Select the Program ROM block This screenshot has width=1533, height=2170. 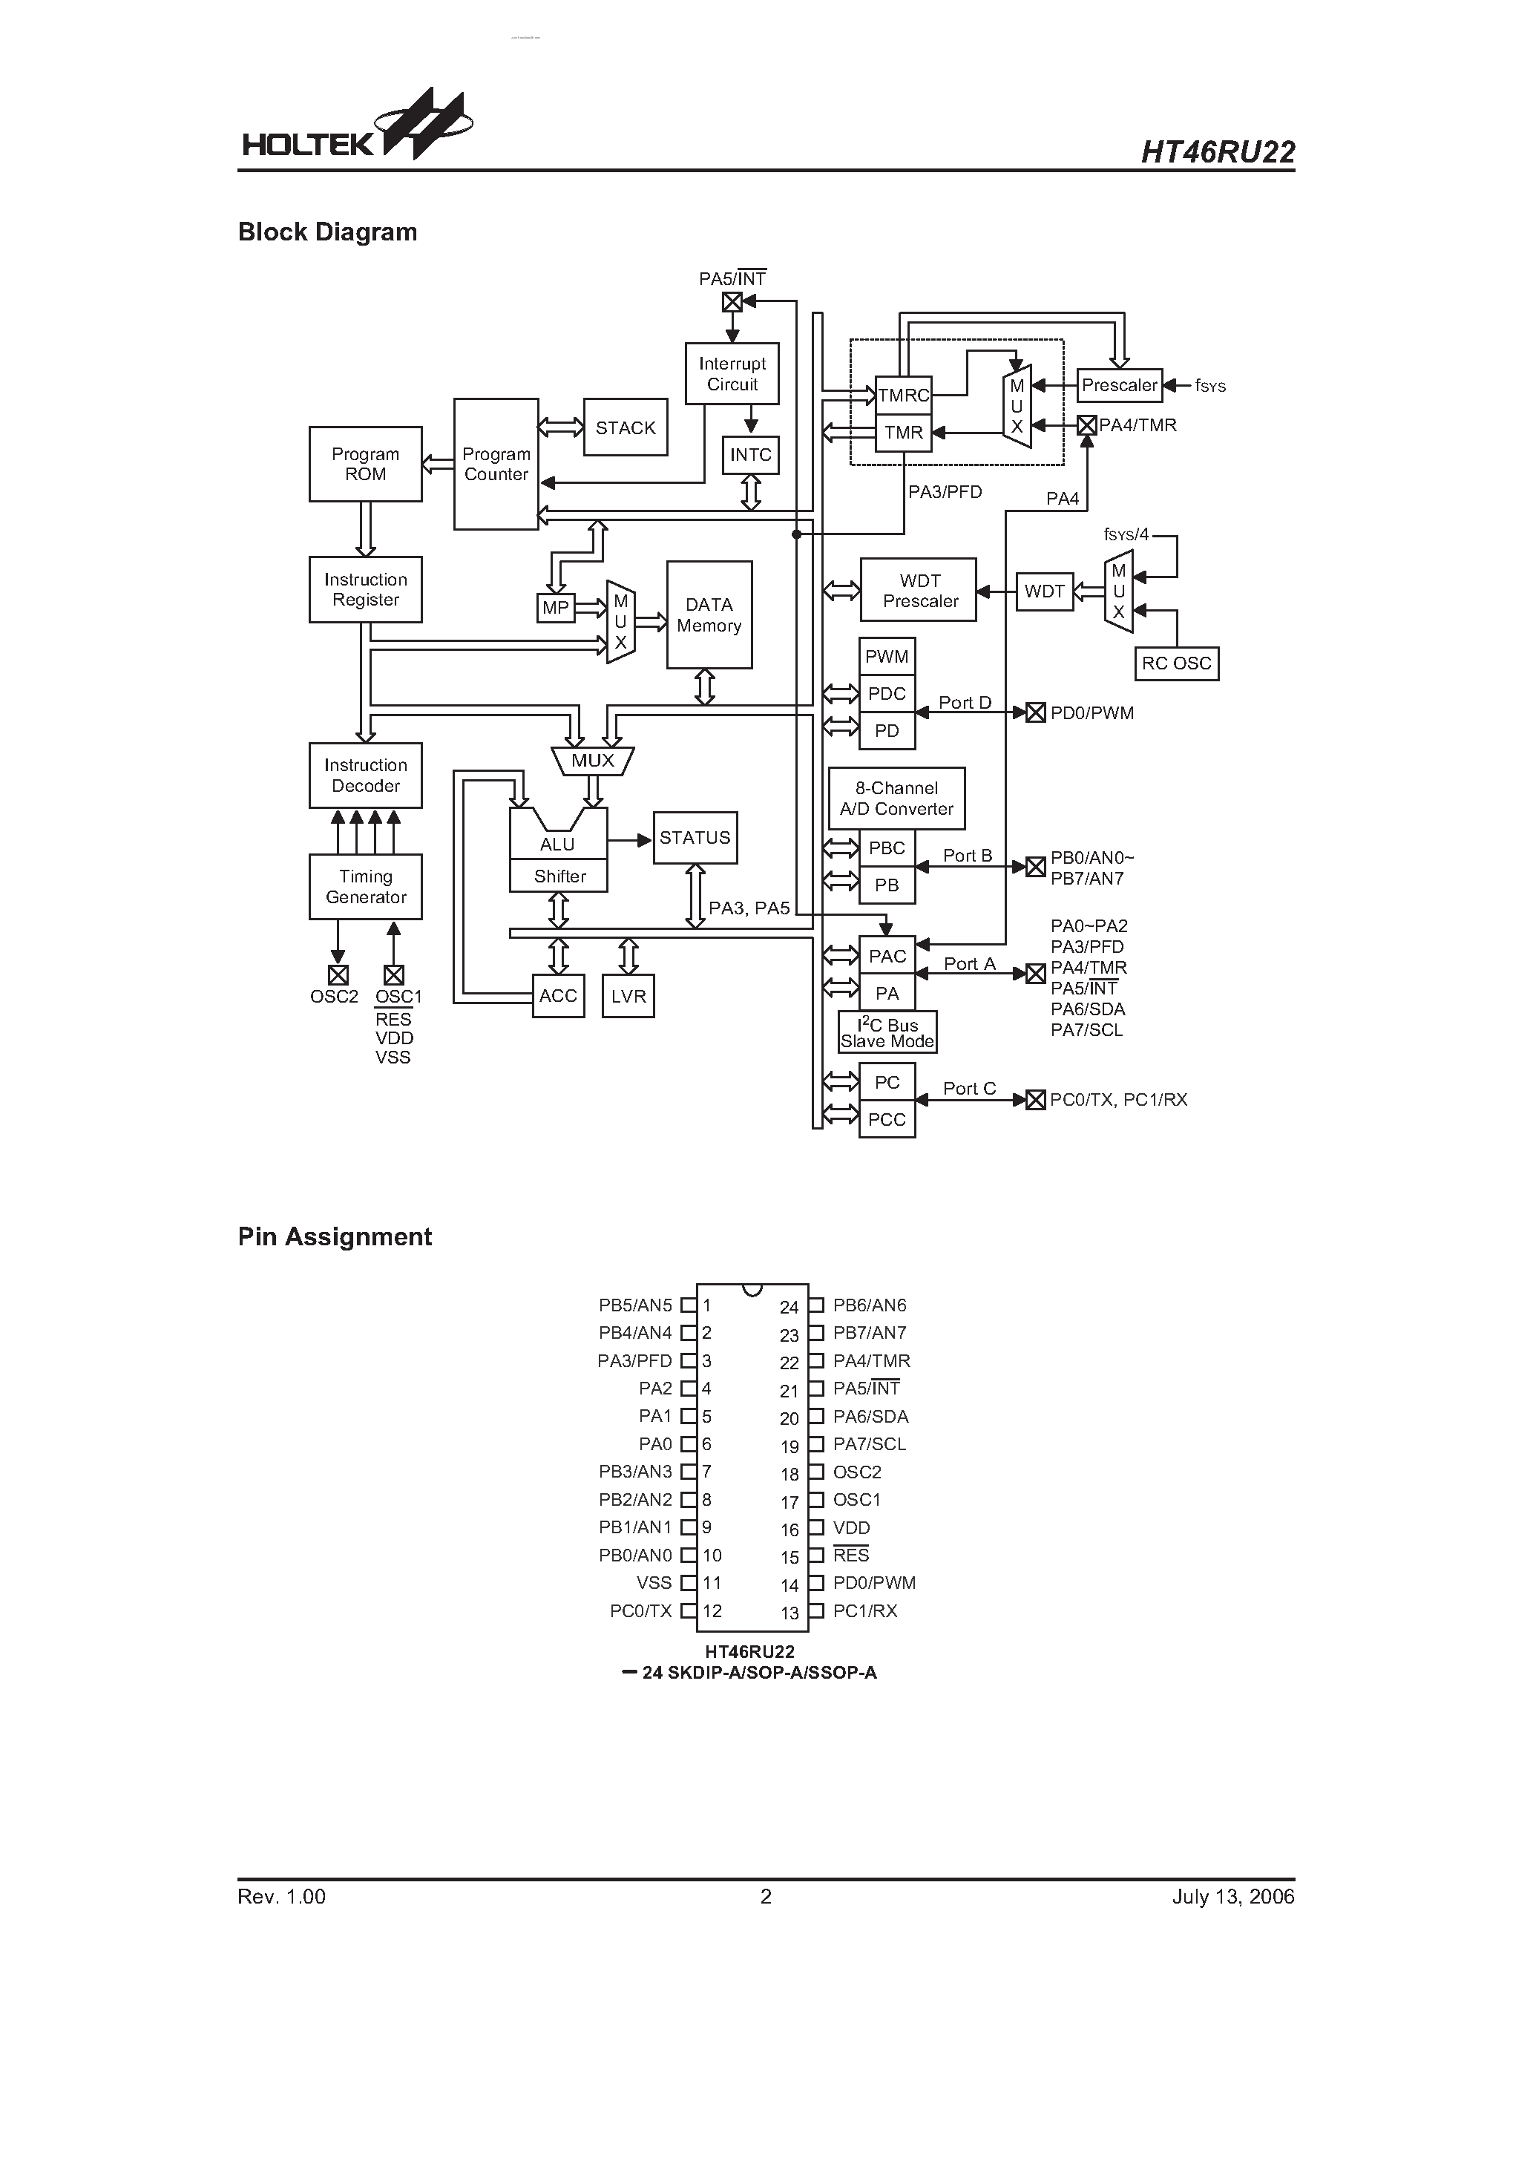click(365, 464)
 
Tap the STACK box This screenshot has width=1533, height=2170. click(625, 428)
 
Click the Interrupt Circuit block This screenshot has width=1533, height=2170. click(732, 374)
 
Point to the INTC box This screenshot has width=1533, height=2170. click(750, 456)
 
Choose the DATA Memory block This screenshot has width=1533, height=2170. click(709, 615)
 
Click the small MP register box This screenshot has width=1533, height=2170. click(556, 608)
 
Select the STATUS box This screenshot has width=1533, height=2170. click(695, 837)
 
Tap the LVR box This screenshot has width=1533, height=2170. click(628, 996)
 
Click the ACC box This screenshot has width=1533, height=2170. click(558, 996)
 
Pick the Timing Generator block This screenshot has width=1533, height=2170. click(365, 887)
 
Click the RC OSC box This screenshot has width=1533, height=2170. click(1176, 663)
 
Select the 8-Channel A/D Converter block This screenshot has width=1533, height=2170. click(896, 799)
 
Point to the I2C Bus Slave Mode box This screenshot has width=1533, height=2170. click(887, 1033)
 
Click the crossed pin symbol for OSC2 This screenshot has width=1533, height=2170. click(338, 974)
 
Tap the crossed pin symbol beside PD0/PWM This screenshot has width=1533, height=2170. click(1036, 712)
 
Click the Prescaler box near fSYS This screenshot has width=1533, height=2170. click(1119, 386)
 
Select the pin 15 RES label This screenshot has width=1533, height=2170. click(850, 1556)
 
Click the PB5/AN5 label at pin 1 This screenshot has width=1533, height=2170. click(635, 1305)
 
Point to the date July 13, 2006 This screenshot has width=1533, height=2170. click(1232, 1897)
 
